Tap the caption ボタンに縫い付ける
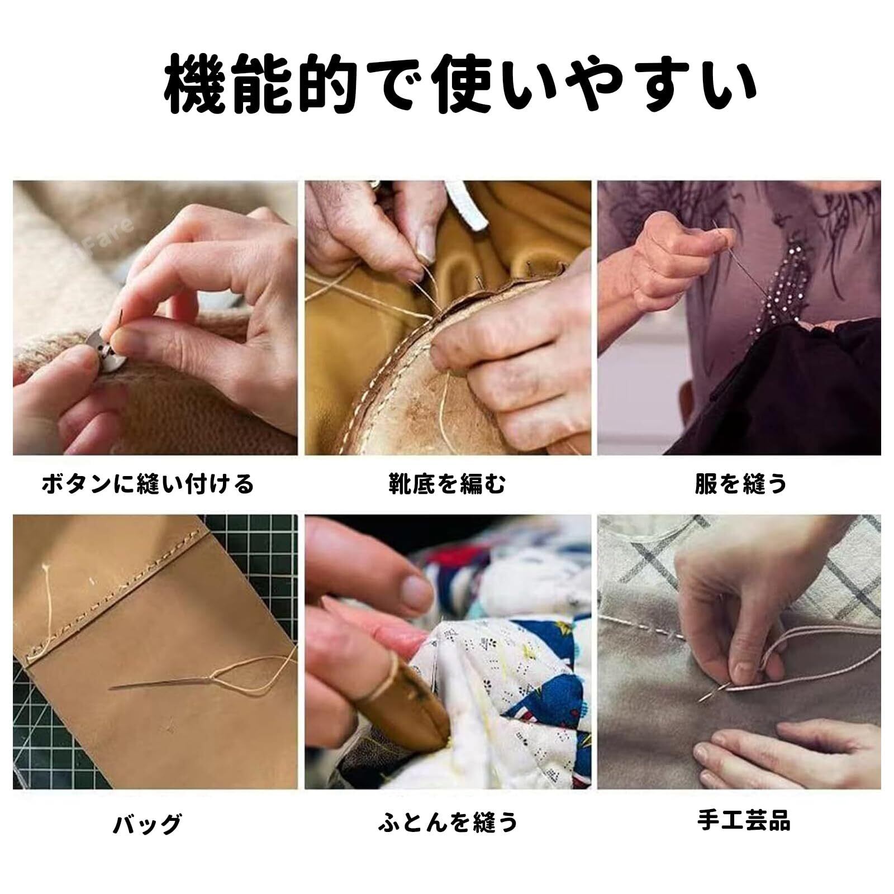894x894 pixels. (x=148, y=483)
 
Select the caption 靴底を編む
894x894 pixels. (x=447, y=483)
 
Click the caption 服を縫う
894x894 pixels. (x=741, y=483)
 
